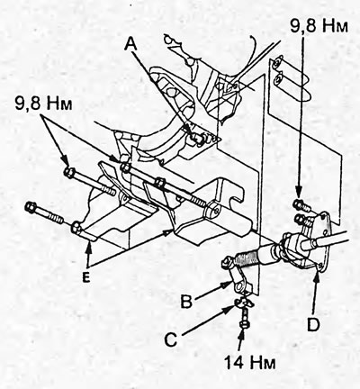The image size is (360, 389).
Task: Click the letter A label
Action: pyautogui.click(x=131, y=45)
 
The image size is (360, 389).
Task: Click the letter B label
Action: pyautogui.click(x=186, y=303)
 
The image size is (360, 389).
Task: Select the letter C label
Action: pyautogui.click(x=171, y=340)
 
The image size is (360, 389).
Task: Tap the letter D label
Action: pyautogui.click(x=313, y=325)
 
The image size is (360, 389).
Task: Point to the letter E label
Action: pyautogui.click(x=85, y=278)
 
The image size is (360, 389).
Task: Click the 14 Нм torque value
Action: pyautogui.click(x=250, y=363)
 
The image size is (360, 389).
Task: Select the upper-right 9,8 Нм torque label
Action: pyautogui.click(x=319, y=27)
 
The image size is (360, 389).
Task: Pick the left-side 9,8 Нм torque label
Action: pyautogui.click(x=44, y=104)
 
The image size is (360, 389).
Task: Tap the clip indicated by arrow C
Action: pyautogui.click(x=245, y=304)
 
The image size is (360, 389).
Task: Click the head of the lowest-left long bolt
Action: pyautogui.click(x=31, y=207)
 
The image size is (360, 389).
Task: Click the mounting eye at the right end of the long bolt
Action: pyautogui.click(x=211, y=211)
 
